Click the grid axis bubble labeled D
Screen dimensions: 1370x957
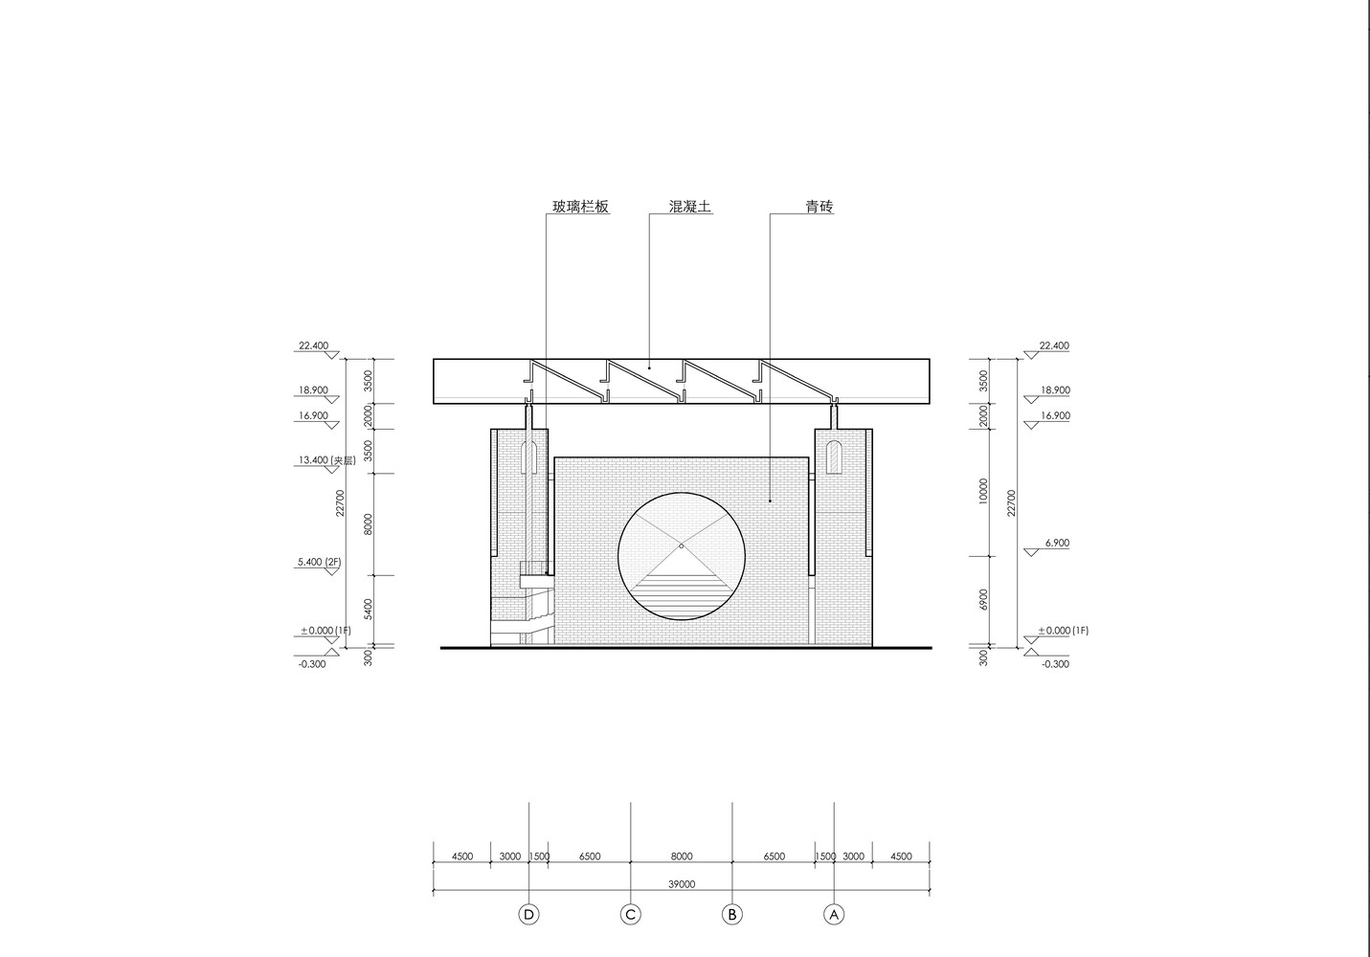tap(529, 915)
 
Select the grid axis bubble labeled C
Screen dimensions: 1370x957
tap(631, 915)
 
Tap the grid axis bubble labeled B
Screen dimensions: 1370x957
tap(732, 915)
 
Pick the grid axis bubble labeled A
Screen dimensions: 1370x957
tap(834, 915)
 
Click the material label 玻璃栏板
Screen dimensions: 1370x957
tap(580, 207)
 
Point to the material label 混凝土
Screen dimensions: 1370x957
tap(690, 207)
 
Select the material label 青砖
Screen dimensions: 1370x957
tap(819, 207)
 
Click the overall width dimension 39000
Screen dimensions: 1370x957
tap(682, 883)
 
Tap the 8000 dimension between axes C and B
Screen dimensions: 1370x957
tap(682, 857)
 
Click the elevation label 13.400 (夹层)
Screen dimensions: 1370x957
tap(326, 460)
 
